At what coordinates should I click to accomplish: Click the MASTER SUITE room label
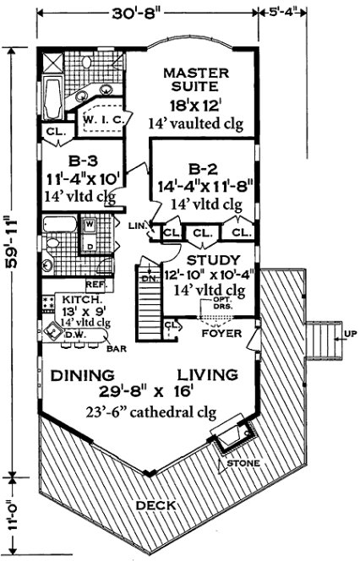coord(192,79)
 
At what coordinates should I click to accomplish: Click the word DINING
coord(81,374)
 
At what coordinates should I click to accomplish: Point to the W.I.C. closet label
coord(104,120)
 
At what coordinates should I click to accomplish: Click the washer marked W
coord(88,225)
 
